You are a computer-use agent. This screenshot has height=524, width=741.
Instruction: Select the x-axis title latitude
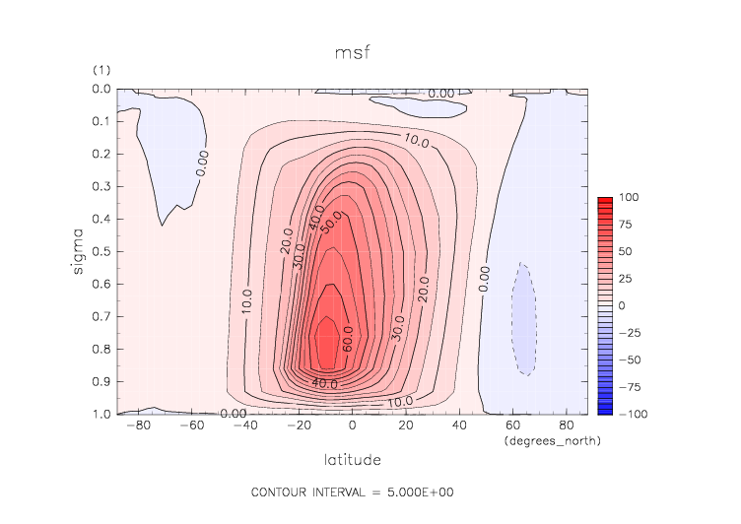(x=353, y=460)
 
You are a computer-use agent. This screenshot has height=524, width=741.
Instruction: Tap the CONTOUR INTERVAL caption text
(x=353, y=491)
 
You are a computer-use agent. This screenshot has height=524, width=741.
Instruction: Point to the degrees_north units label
(x=552, y=441)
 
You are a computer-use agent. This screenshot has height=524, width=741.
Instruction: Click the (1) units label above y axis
(x=101, y=71)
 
